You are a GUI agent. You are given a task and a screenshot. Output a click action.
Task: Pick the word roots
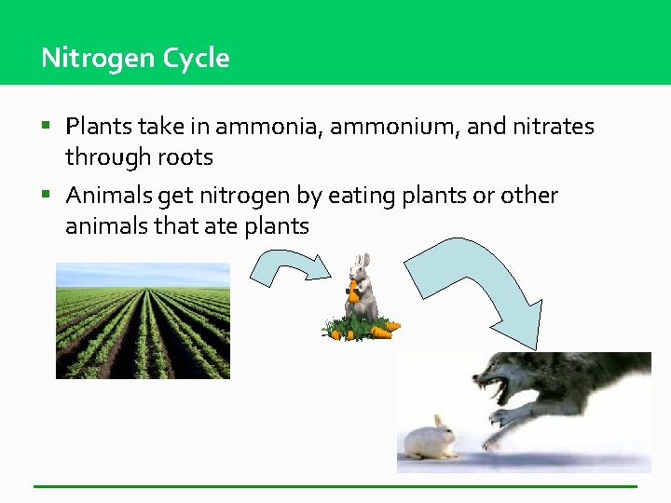pos(185,157)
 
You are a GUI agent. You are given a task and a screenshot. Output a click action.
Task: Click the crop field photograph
pos(143,320)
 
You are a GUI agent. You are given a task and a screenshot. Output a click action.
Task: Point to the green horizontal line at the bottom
pos(335,486)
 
